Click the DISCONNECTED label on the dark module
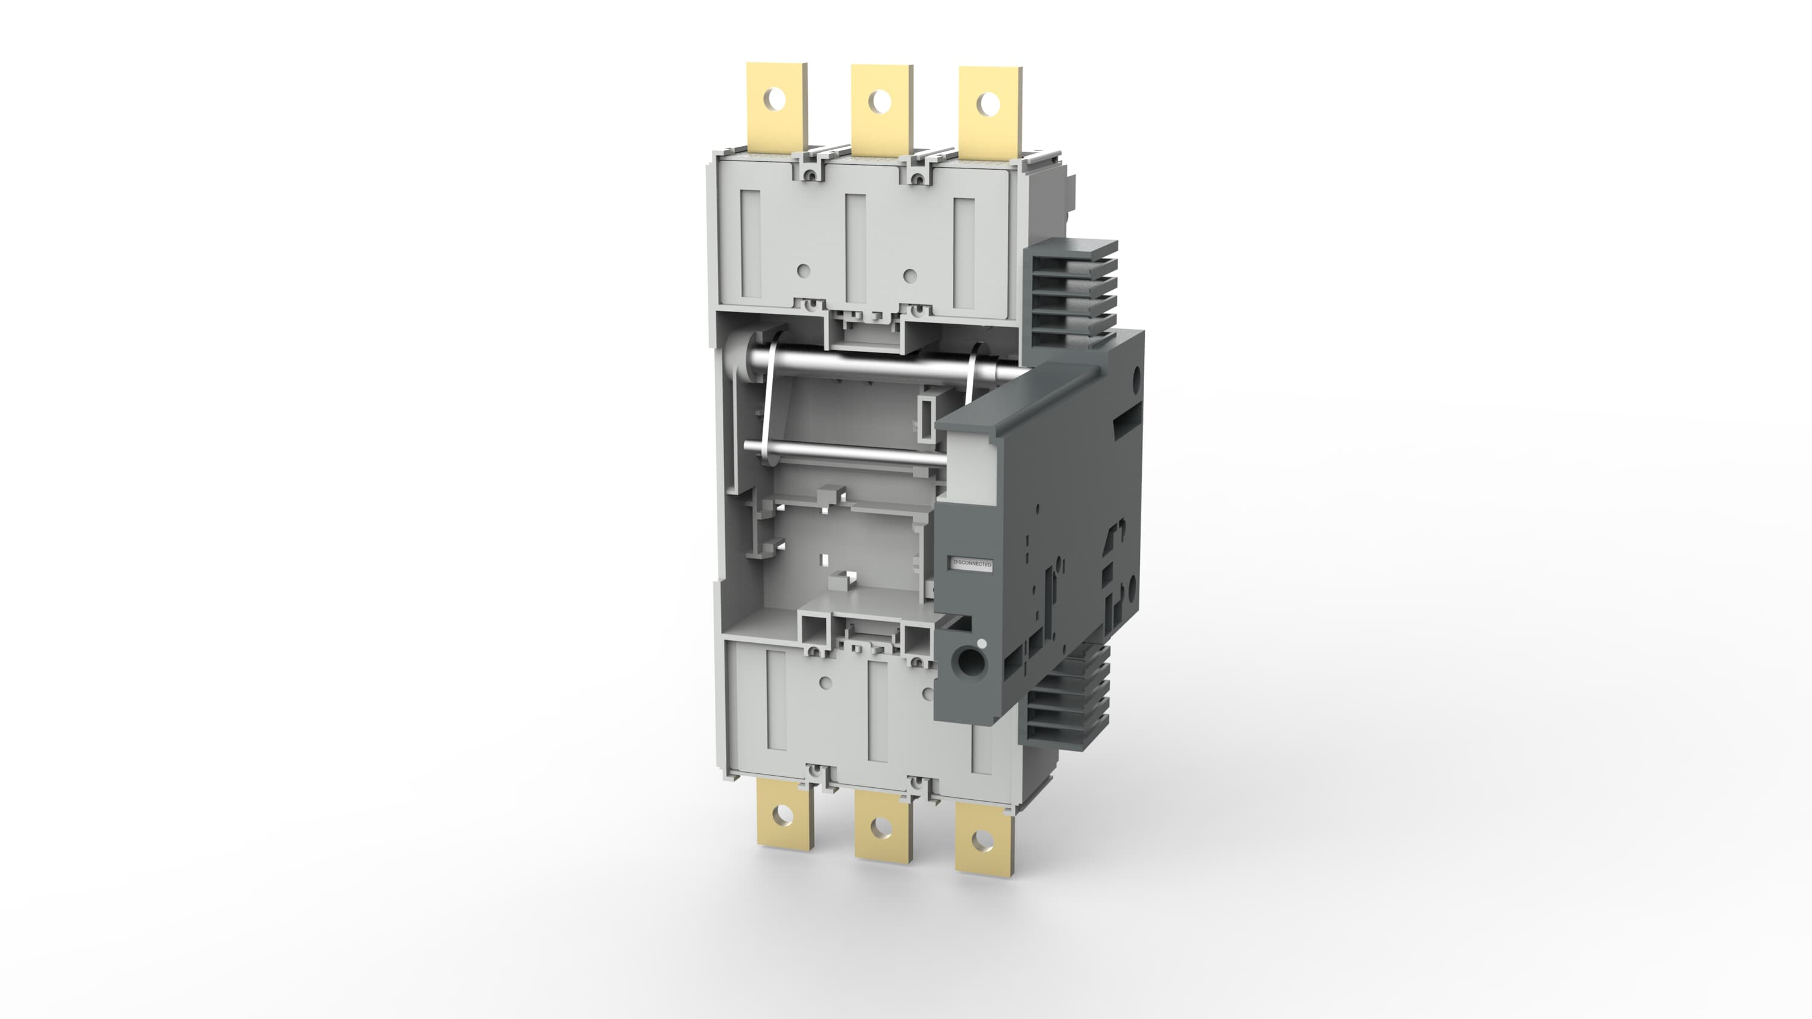tap(972, 564)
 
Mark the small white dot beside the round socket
tap(982, 643)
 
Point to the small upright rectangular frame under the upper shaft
tap(927, 415)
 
